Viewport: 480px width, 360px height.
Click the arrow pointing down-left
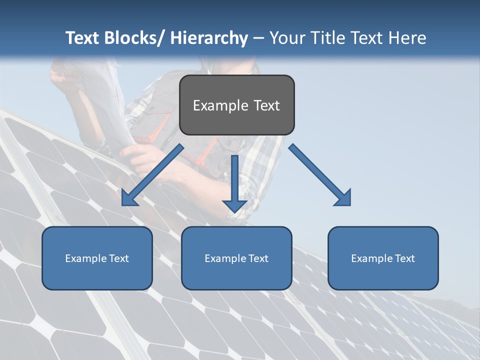click(152, 175)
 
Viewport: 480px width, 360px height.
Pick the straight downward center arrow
click(234, 182)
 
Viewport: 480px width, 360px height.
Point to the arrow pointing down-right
click(320, 175)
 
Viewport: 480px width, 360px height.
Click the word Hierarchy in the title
click(209, 38)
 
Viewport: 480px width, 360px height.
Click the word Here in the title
click(408, 38)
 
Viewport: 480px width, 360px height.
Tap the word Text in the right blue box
click(404, 258)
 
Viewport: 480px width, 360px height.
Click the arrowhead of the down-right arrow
click(343, 198)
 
